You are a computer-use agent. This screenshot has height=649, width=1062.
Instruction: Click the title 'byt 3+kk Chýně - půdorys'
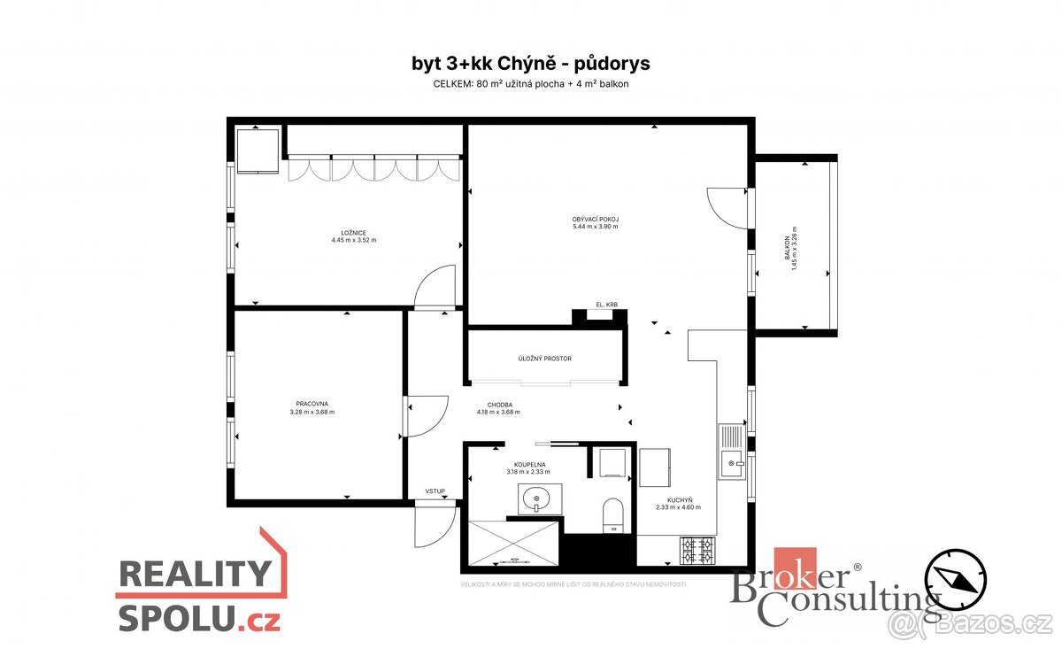click(x=531, y=64)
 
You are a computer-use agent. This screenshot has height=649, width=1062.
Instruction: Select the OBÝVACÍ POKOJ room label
click(x=595, y=219)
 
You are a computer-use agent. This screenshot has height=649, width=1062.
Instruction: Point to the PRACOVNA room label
click(x=312, y=404)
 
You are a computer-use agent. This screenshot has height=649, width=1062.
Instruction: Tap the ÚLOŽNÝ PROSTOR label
click(x=545, y=359)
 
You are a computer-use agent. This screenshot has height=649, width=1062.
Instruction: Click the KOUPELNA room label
click(x=529, y=464)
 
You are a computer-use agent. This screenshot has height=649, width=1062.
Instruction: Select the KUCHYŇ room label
click(x=680, y=500)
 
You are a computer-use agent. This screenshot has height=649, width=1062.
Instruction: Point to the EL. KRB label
click(x=606, y=305)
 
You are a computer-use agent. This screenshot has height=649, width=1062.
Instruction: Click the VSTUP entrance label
click(x=435, y=491)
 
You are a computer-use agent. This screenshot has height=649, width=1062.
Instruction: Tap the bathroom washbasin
click(x=535, y=500)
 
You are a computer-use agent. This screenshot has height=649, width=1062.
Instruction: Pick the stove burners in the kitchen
click(x=696, y=551)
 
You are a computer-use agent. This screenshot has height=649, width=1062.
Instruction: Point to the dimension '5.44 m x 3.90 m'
click(x=595, y=227)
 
